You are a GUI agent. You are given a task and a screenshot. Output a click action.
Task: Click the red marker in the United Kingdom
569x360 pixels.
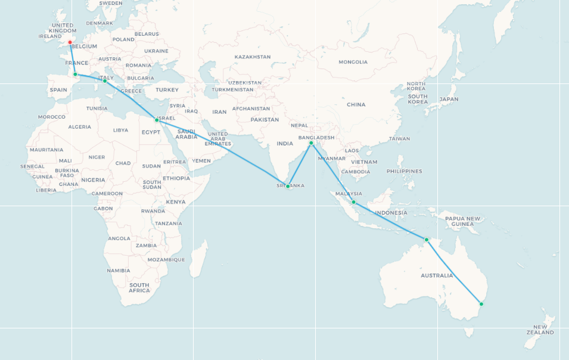pyautogui.click(x=70, y=43)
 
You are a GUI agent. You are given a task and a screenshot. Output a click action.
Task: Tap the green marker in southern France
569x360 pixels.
pyautogui.click(x=75, y=75)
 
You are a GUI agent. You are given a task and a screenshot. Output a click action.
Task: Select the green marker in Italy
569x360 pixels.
pyautogui.click(x=105, y=81)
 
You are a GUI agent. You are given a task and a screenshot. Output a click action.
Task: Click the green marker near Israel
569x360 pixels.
pyautogui.click(x=157, y=120)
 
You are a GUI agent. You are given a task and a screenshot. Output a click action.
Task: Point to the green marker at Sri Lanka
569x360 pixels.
pyautogui.click(x=288, y=187)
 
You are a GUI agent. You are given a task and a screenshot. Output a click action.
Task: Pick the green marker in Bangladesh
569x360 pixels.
pyautogui.click(x=311, y=143)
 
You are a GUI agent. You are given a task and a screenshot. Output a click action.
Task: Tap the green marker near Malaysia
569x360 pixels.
pyautogui.click(x=353, y=202)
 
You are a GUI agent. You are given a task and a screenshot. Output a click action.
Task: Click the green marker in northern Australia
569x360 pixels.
pyautogui.click(x=427, y=240)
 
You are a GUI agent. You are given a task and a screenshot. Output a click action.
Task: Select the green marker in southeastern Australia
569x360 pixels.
pyautogui.click(x=481, y=304)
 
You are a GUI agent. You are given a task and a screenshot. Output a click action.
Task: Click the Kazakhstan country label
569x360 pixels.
pyautogui.click(x=252, y=57)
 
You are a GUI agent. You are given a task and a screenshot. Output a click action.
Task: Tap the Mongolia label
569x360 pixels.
pyautogui.click(x=353, y=62)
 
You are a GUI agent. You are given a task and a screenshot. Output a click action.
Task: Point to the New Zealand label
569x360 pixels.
pyautogui.click(x=540, y=330)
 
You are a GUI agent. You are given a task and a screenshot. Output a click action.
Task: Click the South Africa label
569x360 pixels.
pyautogui.click(x=139, y=288)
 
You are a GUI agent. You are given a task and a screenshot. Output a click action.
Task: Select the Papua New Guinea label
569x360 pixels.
pyautogui.click(x=463, y=221)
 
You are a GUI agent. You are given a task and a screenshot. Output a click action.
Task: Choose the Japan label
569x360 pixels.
pyautogui.click(x=449, y=100)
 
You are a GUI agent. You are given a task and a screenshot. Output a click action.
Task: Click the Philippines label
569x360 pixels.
pyautogui.click(x=404, y=171)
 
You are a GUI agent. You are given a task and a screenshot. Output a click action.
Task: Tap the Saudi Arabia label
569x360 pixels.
pyautogui.click(x=186, y=134)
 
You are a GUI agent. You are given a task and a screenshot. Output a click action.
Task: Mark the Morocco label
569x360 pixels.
pyautogui.click(x=52, y=117)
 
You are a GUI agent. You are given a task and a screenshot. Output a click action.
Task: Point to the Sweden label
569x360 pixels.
pyautogui.click(x=110, y=3)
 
